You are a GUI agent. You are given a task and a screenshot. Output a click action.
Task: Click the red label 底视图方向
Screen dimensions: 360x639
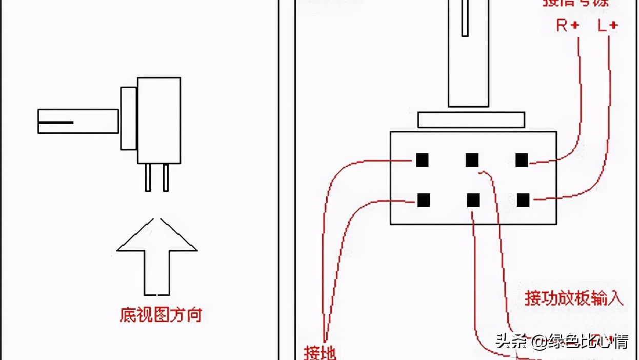click(x=161, y=314)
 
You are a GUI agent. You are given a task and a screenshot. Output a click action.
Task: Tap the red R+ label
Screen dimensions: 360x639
click(x=568, y=25)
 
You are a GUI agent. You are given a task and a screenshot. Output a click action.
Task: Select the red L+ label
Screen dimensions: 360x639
click(x=608, y=25)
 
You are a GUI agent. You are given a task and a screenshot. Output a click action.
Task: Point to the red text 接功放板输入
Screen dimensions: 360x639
click(x=574, y=298)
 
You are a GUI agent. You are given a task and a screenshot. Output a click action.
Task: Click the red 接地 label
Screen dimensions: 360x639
click(x=320, y=353)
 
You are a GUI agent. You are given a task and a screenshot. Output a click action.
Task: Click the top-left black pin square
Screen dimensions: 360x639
click(x=422, y=160)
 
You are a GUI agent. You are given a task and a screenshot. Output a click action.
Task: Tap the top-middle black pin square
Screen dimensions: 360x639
click(x=472, y=160)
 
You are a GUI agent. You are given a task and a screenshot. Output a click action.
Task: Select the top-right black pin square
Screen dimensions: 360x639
click(x=522, y=160)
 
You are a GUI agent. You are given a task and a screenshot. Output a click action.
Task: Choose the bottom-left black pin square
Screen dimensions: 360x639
click(x=423, y=200)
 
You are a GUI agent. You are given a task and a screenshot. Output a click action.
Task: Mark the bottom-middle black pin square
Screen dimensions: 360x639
click(x=473, y=200)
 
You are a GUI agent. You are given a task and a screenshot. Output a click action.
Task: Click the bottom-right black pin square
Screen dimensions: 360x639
click(x=523, y=200)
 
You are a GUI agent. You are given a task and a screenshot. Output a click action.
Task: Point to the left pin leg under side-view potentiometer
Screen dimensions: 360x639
click(x=148, y=177)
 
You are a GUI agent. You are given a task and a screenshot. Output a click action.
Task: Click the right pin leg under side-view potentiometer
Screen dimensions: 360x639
click(x=166, y=177)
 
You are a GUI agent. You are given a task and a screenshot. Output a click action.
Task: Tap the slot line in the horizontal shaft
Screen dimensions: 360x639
click(x=55, y=123)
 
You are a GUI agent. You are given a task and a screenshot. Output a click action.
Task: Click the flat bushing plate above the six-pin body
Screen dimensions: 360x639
click(x=471, y=120)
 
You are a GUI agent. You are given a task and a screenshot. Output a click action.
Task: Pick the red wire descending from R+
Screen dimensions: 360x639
click(x=580, y=103)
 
